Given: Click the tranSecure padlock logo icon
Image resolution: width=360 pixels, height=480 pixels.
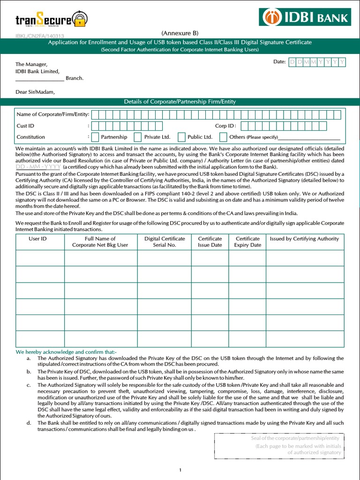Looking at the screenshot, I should (x=81, y=20).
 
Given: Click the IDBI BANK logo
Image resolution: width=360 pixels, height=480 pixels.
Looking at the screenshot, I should (x=305, y=17).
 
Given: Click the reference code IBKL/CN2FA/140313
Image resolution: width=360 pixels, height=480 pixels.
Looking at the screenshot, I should (x=40, y=36).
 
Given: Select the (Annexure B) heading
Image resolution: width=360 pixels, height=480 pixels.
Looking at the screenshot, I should (x=180, y=33).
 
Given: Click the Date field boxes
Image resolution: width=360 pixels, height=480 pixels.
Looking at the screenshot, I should (x=317, y=62).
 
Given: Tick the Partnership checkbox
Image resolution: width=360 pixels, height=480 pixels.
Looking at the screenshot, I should (x=96, y=137).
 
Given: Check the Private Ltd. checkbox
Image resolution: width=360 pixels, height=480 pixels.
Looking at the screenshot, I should (x=138, y=137).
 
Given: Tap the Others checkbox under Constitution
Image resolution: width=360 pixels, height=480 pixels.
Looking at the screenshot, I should (x=223, y=137).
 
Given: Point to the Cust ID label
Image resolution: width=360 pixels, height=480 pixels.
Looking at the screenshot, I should (x=25, y=126).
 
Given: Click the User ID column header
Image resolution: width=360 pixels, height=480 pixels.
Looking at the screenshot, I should (x=37, y=239).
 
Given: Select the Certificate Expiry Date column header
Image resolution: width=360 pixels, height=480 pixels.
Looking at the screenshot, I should (x=247, y=242).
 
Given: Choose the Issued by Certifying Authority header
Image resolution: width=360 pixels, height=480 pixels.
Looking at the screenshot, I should (x=304, y=239).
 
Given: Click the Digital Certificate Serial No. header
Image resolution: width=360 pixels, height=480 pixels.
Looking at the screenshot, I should (x=165, y=242).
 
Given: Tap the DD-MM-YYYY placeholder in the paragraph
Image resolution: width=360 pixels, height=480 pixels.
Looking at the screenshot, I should (x=38, y=167).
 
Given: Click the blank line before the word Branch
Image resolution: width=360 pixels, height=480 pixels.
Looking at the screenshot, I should (x=40, y=78).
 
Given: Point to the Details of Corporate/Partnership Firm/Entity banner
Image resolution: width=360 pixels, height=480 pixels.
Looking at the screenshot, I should (x=180, y=102).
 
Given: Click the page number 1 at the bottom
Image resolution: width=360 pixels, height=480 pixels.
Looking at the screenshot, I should (x=180, y=470).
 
